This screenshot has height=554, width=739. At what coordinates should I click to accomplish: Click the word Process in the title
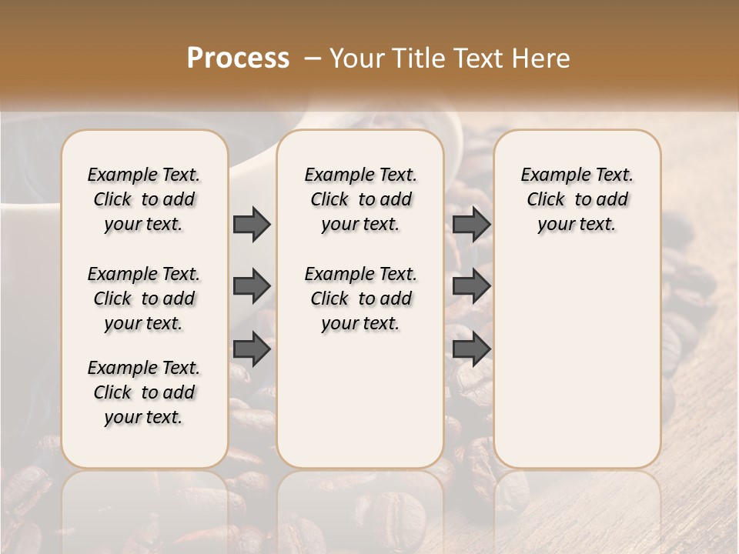click(x=238, y=58)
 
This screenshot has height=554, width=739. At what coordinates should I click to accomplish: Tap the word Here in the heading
click(x=543, y=58)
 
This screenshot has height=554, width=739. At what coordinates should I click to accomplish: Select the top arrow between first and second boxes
click(x=252, y=224)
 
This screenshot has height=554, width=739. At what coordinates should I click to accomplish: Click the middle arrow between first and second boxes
click(x=252, y=287)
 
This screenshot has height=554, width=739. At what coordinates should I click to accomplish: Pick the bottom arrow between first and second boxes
click(x=252, y=349)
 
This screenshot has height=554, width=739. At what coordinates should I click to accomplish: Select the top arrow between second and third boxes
click(x=471, y=224)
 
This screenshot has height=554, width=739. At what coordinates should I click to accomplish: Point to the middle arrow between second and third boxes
click(x=471, y=287)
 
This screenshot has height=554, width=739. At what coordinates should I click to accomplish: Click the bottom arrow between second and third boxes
click(x=471, y=349)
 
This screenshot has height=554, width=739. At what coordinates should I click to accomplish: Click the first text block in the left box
click(x=144, y=199)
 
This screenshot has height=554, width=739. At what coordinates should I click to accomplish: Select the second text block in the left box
click(x=144, y=299)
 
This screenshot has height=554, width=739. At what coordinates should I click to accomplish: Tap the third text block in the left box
click(x=144, y=392)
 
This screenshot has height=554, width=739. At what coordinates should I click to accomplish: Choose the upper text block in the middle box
click(x=360, y=199)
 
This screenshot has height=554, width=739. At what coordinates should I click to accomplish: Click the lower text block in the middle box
click(x=360, y=299)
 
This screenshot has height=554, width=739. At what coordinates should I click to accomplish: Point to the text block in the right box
click(x=577, y=199)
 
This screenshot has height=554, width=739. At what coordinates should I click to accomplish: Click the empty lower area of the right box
click(x=577, y=362)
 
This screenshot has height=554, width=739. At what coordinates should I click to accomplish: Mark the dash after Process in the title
click(x=313, y=58)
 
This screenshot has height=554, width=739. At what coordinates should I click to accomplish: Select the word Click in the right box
click(x=546, y=200)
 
